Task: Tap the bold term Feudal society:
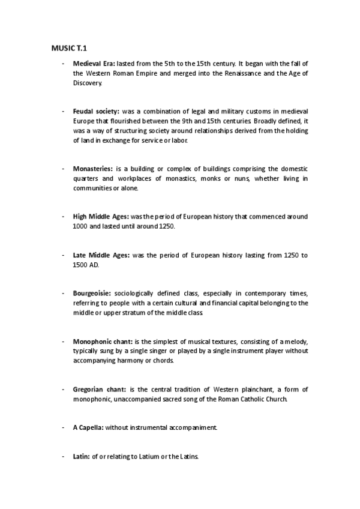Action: tap(96, 112)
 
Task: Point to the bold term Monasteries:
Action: tap(92, 169)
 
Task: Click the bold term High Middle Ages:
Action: tap(101, 215)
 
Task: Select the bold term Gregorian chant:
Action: tap(99, 390)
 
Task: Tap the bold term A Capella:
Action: tap(88, 427)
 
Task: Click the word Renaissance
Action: tap(233, 73)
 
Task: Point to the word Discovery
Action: tap(88, 82)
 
